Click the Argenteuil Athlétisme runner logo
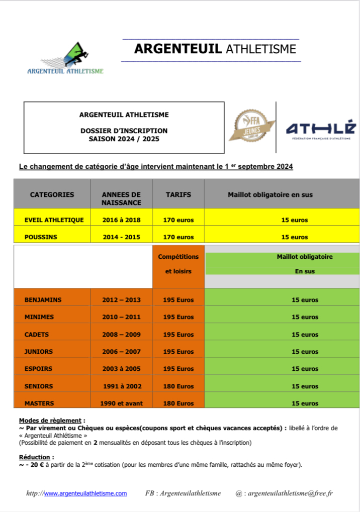pos(65,58)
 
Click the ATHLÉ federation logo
pos(320,130)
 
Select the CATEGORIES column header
pos(52,194)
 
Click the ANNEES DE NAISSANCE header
pos(121,198)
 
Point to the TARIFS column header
pos(178,194)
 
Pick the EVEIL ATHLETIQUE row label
pos(54,220)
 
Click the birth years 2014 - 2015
pos(121,237)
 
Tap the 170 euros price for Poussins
pos(178,237)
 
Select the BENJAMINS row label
pos(43,300)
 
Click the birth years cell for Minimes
pos(121,317)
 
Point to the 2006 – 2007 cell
pos(121,352)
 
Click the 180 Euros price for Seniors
pos(178,386)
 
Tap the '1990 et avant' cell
pos(121,403)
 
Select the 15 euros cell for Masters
pos(305,403)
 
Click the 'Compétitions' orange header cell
pos(178,257)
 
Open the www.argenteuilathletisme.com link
pos(85,493)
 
